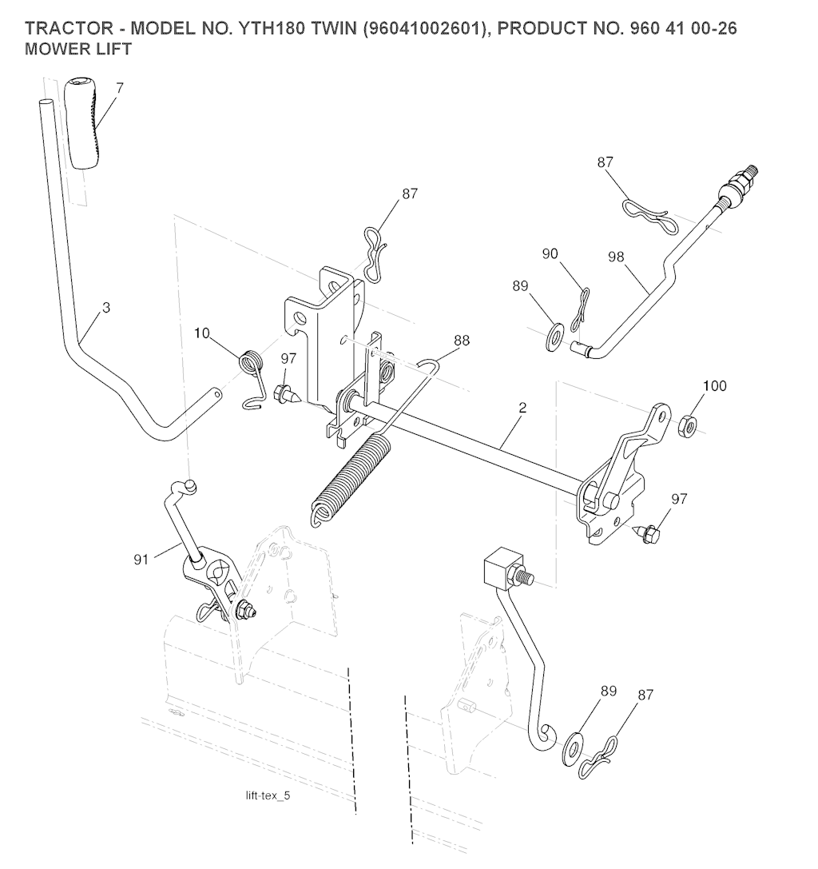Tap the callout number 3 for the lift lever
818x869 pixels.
[x=106, y=307]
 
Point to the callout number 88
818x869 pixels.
[x=461, y=341]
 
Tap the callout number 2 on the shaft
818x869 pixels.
[x=522, y=407]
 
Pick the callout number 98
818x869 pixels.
[x=615, y=257]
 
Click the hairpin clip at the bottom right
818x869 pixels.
[x=602, y=760]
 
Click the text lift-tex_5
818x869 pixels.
[x=268, y=796]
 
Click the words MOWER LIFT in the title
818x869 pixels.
[x=78, y=49]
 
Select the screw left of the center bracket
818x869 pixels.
[x=285, y=393]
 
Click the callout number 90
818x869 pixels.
[x=550, y=254]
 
